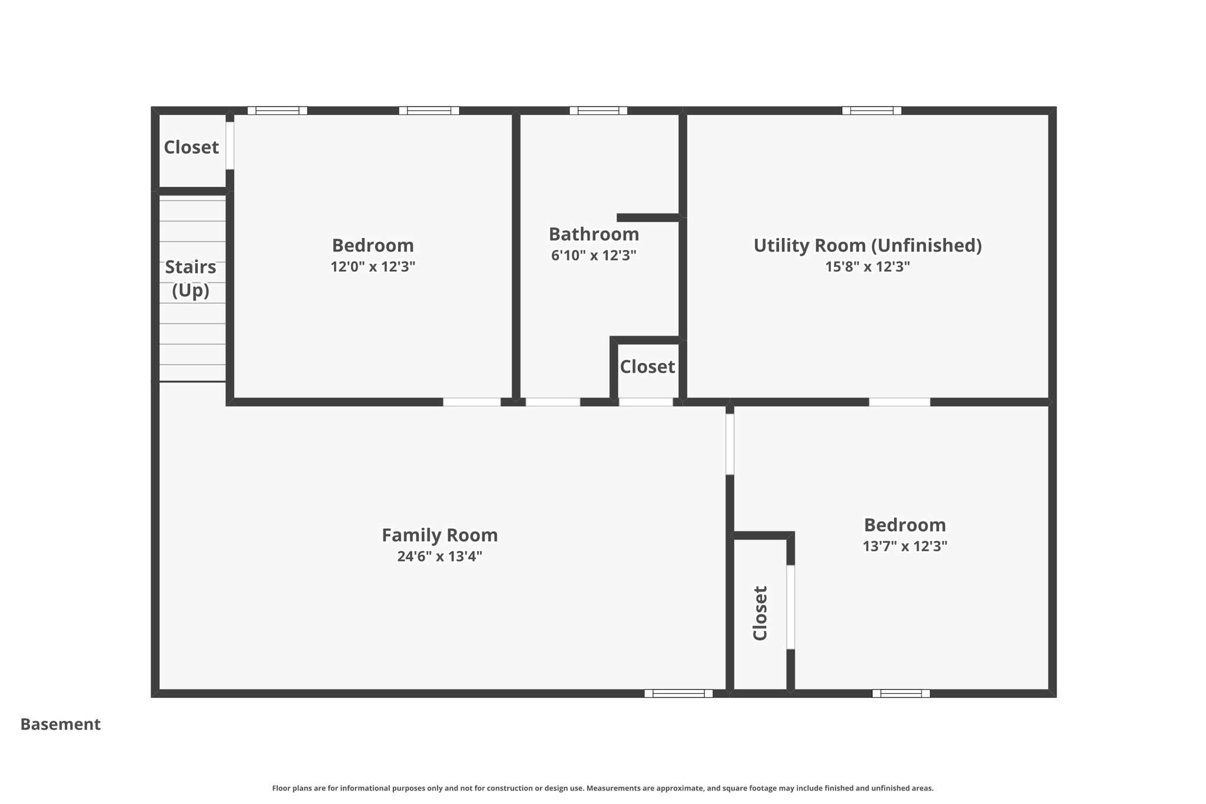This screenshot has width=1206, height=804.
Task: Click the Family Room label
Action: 439,535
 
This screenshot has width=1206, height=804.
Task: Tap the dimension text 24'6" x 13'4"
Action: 439,556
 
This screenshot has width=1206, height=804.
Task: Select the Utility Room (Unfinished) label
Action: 867,245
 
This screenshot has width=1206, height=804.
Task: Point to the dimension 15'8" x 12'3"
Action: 867,266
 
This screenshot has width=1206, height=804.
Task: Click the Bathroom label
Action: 594,234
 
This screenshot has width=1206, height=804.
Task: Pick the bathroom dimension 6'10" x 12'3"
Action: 594,255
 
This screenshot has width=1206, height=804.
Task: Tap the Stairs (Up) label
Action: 190,278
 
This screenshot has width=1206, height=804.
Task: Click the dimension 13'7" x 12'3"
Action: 904,546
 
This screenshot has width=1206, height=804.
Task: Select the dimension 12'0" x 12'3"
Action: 373,266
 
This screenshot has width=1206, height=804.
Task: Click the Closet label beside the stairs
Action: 191,147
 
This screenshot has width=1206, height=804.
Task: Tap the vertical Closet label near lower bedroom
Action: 760,613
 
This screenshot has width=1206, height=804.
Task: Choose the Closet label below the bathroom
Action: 647,366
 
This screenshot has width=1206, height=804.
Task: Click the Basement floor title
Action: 60,724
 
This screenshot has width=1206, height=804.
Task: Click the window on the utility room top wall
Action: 872,110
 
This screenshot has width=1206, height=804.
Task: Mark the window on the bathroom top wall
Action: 598,110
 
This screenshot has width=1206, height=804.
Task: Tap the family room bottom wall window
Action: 678,693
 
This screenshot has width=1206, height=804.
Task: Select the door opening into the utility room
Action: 899,402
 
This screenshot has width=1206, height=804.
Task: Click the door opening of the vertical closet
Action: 791,607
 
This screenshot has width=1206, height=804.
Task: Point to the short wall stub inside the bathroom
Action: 648,218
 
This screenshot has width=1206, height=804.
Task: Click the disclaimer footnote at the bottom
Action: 602,788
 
